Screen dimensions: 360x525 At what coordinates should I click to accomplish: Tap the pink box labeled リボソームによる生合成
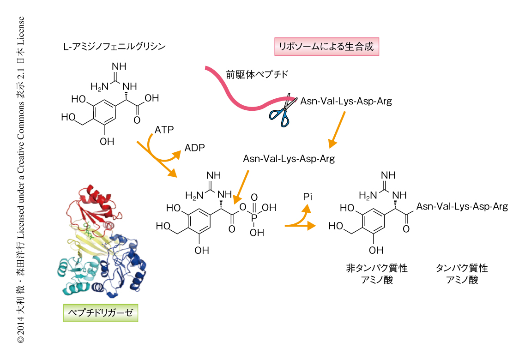pos(327,47)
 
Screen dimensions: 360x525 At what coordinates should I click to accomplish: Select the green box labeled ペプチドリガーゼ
pos(100,313)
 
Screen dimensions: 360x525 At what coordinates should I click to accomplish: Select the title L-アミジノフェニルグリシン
pos(114,47)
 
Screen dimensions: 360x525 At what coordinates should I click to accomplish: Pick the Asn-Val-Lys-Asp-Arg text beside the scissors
pos(346,102)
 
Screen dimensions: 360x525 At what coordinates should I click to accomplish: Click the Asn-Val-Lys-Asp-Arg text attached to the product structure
pos(462,206)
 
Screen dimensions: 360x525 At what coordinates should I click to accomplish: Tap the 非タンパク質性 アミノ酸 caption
pos(377,274)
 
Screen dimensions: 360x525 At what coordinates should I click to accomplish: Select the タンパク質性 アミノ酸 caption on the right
pos(461,274)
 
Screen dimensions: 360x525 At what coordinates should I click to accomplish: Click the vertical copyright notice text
pos(20,180)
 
